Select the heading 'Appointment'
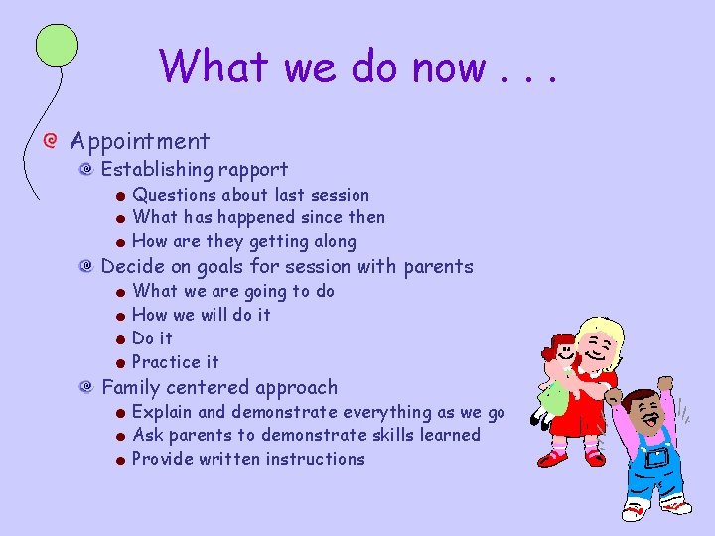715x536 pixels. [x=140, y=142]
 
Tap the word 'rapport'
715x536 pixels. [x=254, y=170]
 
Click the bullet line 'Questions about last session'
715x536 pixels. [x=250, y=195]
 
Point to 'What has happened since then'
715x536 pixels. [x=258, y=217]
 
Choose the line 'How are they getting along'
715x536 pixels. [x=243, y=241]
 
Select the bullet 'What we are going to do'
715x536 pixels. [x=233, y=291]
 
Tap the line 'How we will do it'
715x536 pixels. [x=202, y=315]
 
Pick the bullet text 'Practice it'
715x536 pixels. [x=176, y=362]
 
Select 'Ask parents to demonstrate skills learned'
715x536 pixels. [x=306, y=435]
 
